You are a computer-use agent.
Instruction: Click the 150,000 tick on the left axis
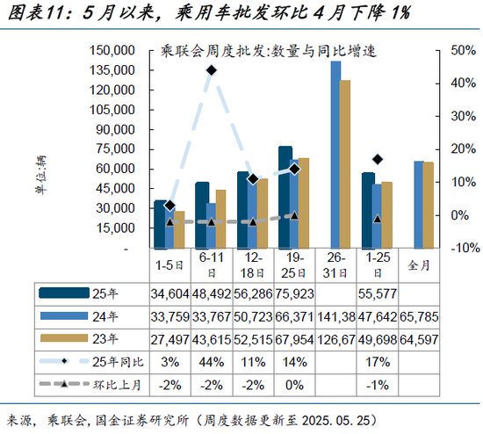pyautogui.click(x=112, y=50)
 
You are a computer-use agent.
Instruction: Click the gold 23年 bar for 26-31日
pyautogui.click(x=345, y=164)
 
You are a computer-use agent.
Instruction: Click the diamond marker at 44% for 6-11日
pyautogui.click(x=212, y=69)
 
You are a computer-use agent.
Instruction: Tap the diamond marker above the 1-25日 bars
pyautogui.click(x=378, y=159)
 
